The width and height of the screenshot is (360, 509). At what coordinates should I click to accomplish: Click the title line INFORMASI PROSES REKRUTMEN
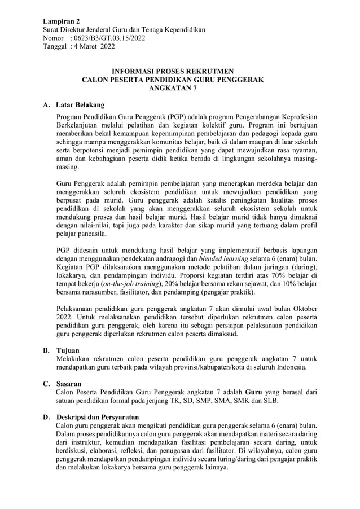173,72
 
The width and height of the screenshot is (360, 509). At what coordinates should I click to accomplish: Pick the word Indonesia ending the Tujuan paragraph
288,367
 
